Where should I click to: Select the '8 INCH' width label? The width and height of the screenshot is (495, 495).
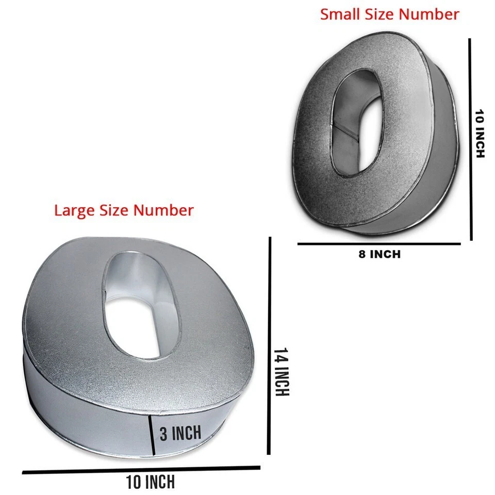click(x=379, y=254)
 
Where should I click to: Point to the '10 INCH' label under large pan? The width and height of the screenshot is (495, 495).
click(x=151, y=483)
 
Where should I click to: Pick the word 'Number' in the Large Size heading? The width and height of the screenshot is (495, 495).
click(x=164, y=210)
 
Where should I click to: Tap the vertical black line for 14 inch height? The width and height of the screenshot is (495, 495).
click(x=269, y=345)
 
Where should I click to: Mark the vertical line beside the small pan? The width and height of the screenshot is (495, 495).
click(x=471, y=139)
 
